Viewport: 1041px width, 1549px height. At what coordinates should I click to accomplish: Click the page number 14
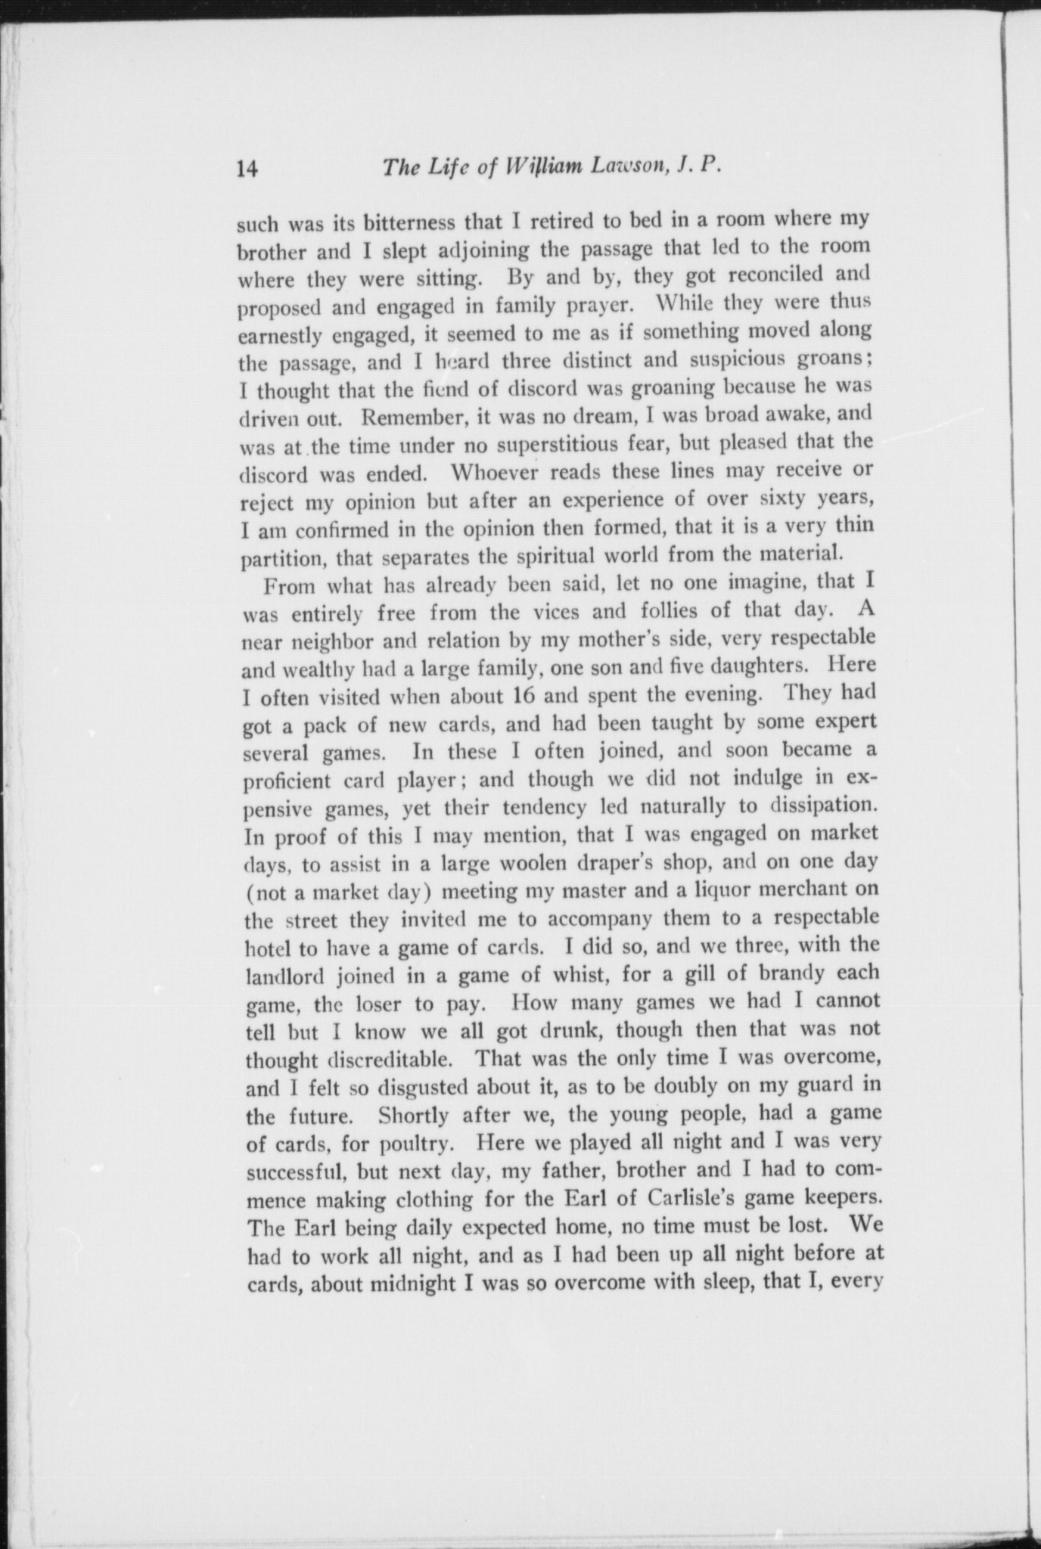pyautogui.click(x=247, y=168)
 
